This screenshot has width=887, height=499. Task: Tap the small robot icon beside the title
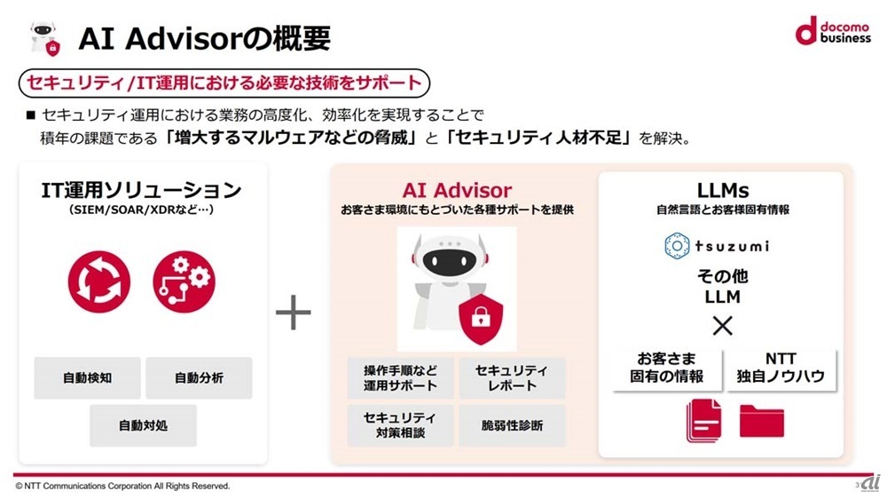click(x=42, y=36)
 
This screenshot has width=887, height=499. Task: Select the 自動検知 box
click(x=87, y=378)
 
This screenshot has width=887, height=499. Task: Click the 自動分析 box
click(x=199, y=378)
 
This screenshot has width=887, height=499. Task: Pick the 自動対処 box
click(x=143, y=425)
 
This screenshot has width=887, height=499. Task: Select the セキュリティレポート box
click(x=512, y=378)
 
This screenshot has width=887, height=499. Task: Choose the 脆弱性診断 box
click(x=512, y=426)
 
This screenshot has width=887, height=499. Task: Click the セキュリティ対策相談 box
click(x=400, y=426)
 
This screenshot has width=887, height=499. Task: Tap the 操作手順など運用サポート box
click(x=400, y=378)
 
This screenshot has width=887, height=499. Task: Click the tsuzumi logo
click(x=717, y=245)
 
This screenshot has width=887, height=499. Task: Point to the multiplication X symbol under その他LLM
click(x=723, y=325)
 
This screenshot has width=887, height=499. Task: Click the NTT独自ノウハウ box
click(x=781, y=368)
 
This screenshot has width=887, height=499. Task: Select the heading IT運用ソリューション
click(x=142, y=190)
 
